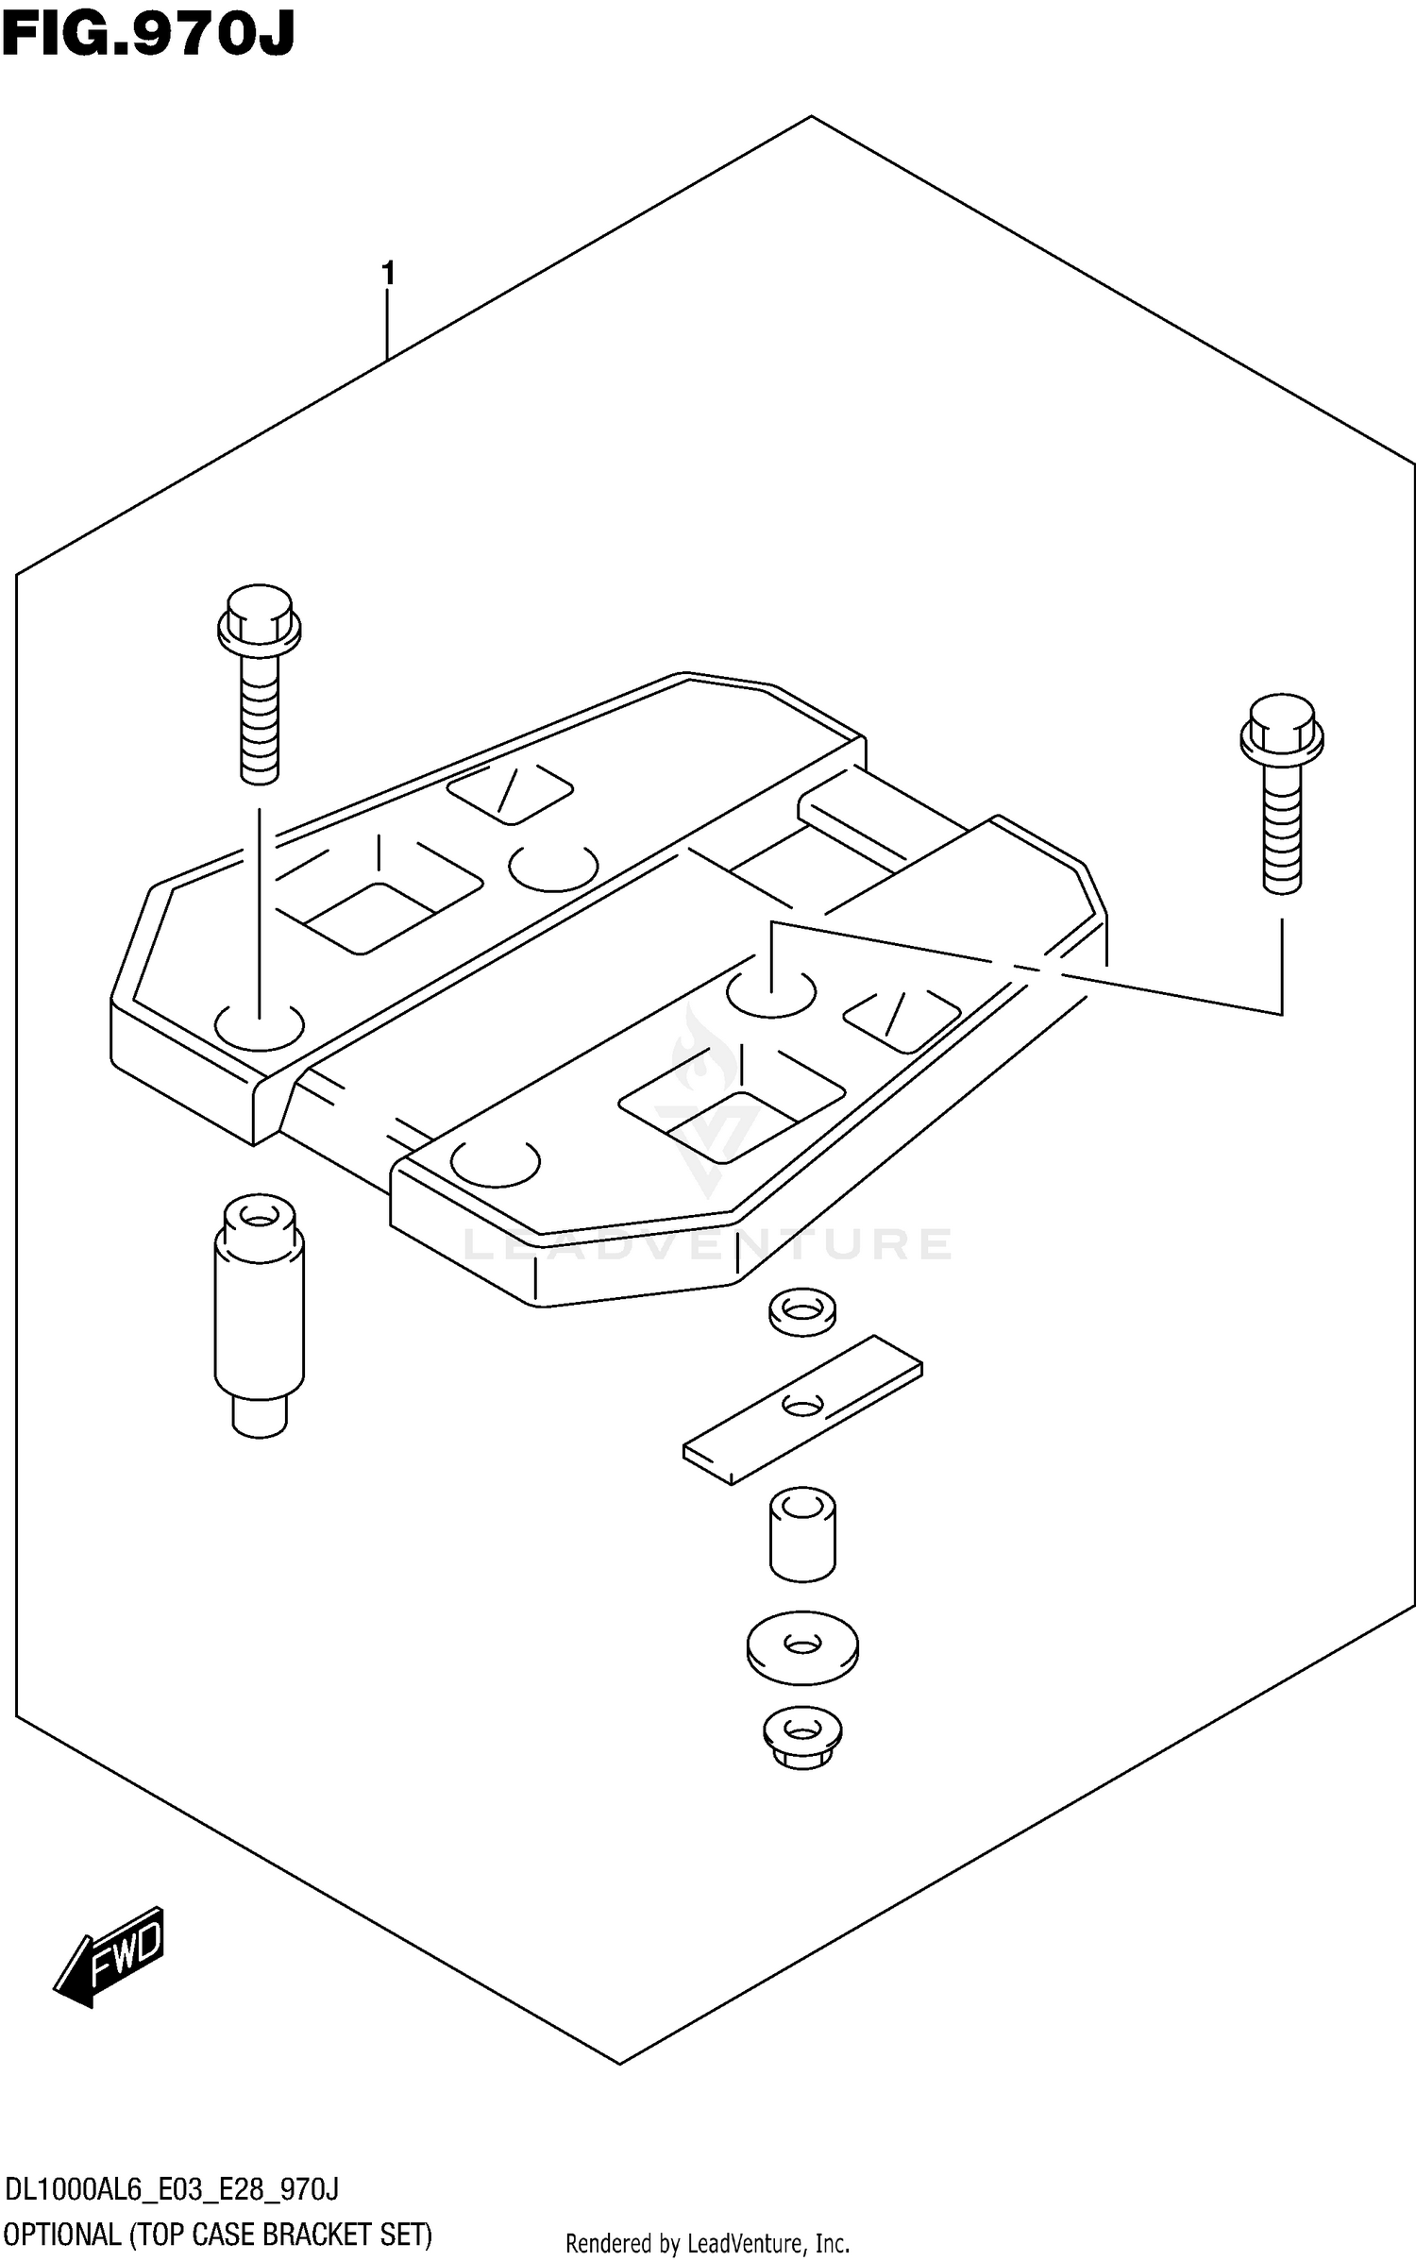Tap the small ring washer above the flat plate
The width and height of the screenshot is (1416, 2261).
tap(801, 1310)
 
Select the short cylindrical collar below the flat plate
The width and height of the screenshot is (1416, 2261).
tap(802, 1534)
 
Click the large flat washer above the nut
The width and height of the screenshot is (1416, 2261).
tap(802, 1647)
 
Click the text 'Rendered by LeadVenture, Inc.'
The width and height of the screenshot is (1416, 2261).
tap(708, 2244)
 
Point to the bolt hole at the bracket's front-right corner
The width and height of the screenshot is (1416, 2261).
tap(496, 1162)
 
